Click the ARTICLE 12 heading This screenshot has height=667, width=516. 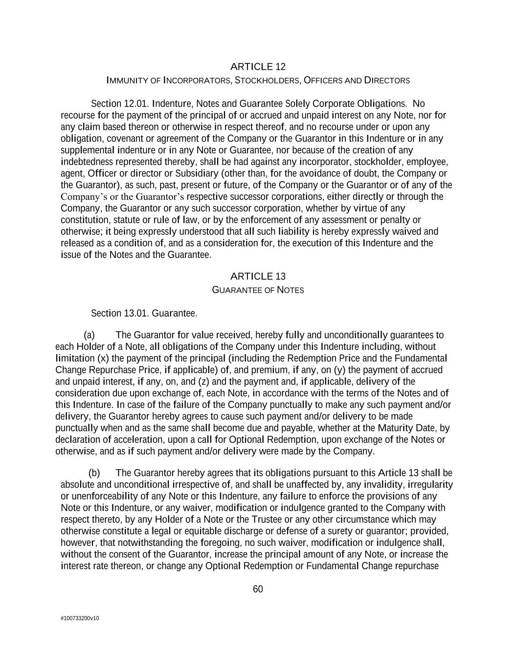click(x=258, y=66)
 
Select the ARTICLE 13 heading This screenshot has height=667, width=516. click(x=258, y=277)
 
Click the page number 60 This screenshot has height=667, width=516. click(x=258, y=589)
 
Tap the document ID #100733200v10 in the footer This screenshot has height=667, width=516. click(x=80, y=618)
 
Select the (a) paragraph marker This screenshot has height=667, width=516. click(x=89, y=335)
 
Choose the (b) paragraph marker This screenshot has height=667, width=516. click(x=94, y=473)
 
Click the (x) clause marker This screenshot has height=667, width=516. click(x=103, y=358)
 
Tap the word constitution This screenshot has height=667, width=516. click(x=83, y=220)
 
